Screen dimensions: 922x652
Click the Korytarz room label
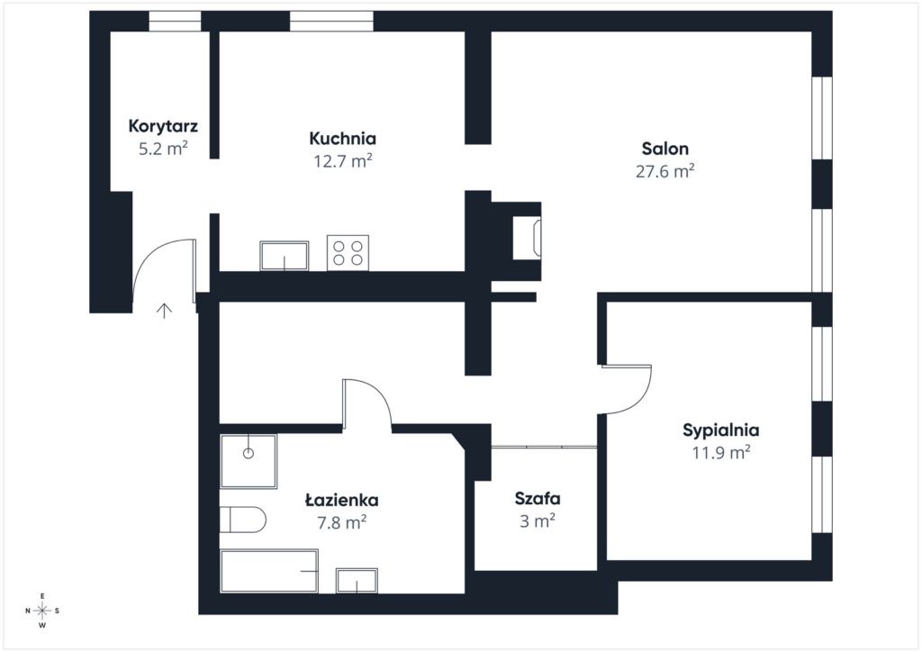click(163, 126)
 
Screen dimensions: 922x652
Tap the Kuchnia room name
click(342, 139)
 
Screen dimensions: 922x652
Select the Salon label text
click(665, 149)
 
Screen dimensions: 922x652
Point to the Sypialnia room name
click(721, 430)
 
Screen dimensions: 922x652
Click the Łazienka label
click(341, 501)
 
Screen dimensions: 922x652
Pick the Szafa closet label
click(538, 499)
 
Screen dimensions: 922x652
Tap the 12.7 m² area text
click(343, 161)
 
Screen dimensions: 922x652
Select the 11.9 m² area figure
click(721, 453)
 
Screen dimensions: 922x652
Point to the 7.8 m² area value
click(342, 522)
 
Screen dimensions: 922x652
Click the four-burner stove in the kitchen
click(348, 253)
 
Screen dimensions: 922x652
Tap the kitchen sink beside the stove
click(284, 256)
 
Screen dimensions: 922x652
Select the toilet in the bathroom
click(243, 519)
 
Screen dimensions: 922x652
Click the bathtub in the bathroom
click(269, 572)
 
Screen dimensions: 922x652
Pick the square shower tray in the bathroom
click(249, 461)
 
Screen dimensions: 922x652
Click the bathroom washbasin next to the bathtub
click(357, 581)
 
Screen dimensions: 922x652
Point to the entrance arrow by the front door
click(164, 311)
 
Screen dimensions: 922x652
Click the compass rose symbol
click(42, 611)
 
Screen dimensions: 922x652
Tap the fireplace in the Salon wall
click(527, 238)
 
